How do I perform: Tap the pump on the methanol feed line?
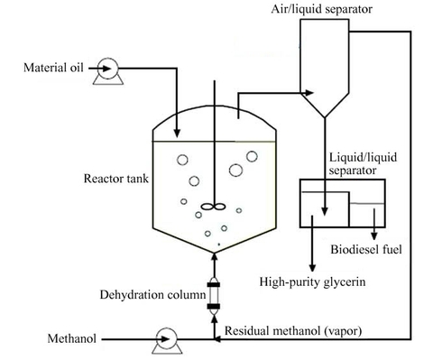[165, 339]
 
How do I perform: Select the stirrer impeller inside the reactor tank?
[213, 207]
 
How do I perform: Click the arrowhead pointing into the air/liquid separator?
[309, 91]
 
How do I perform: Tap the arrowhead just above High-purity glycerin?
[313, 264]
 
